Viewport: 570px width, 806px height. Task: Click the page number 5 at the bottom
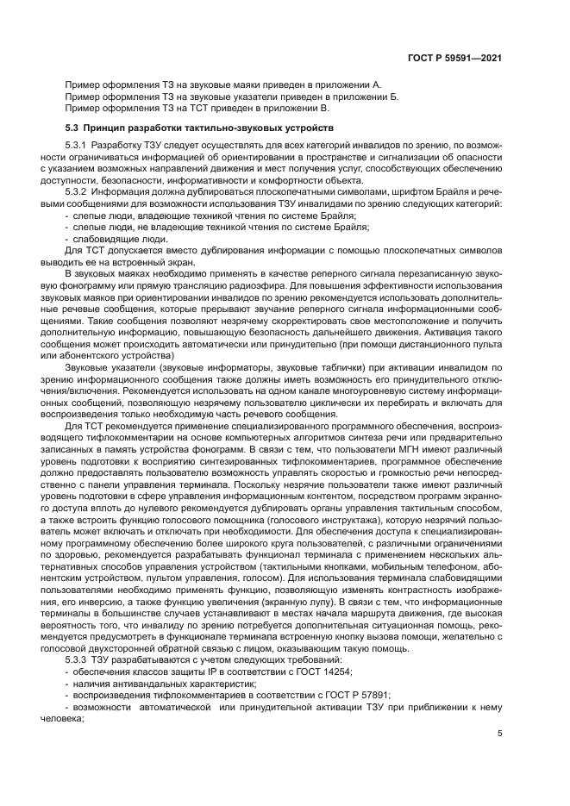500,734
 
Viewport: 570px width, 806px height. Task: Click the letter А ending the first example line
377,84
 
